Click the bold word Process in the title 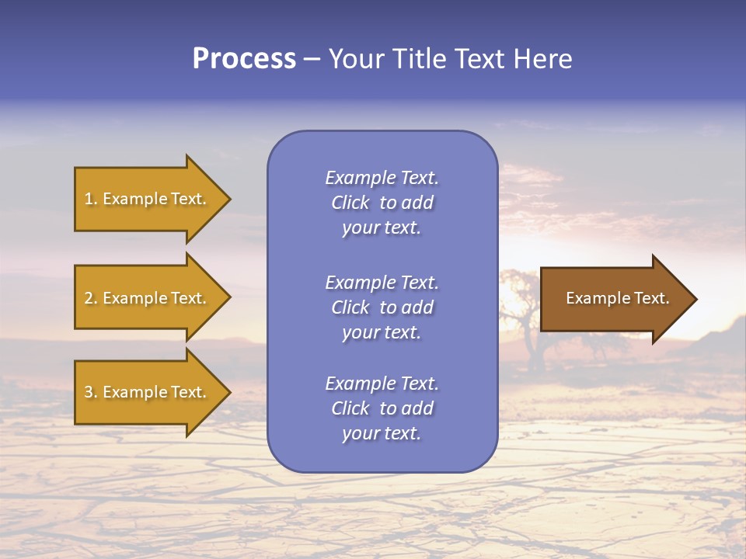[x=244, y=59]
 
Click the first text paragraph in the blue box [x=382, y=203]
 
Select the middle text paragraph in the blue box [x=382, y=307]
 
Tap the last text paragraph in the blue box [x=382, y=408]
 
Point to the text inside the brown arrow [x=617, y=298]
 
